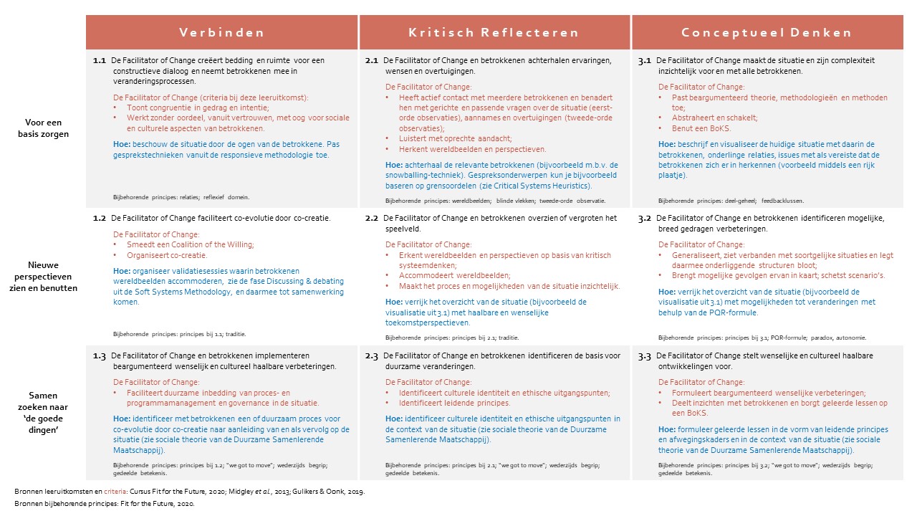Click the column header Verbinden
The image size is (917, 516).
point(221,32)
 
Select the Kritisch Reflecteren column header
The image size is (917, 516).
point(494,32)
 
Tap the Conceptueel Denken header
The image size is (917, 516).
point(767,32)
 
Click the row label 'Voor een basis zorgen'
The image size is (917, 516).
point(49,128)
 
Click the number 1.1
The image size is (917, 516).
point(100,61)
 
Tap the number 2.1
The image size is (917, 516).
point(371,61)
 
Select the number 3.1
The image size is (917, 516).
point(644,61)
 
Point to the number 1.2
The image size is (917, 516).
point(100,218)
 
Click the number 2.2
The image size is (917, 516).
point(371,218)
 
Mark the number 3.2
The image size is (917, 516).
point(644,218)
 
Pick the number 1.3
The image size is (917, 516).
point(100,355)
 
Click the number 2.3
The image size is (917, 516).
point(371,355)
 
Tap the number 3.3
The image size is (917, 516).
point(644,355)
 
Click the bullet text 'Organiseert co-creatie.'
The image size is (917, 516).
point(167,255)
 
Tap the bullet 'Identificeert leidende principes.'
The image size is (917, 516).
point(448,403)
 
